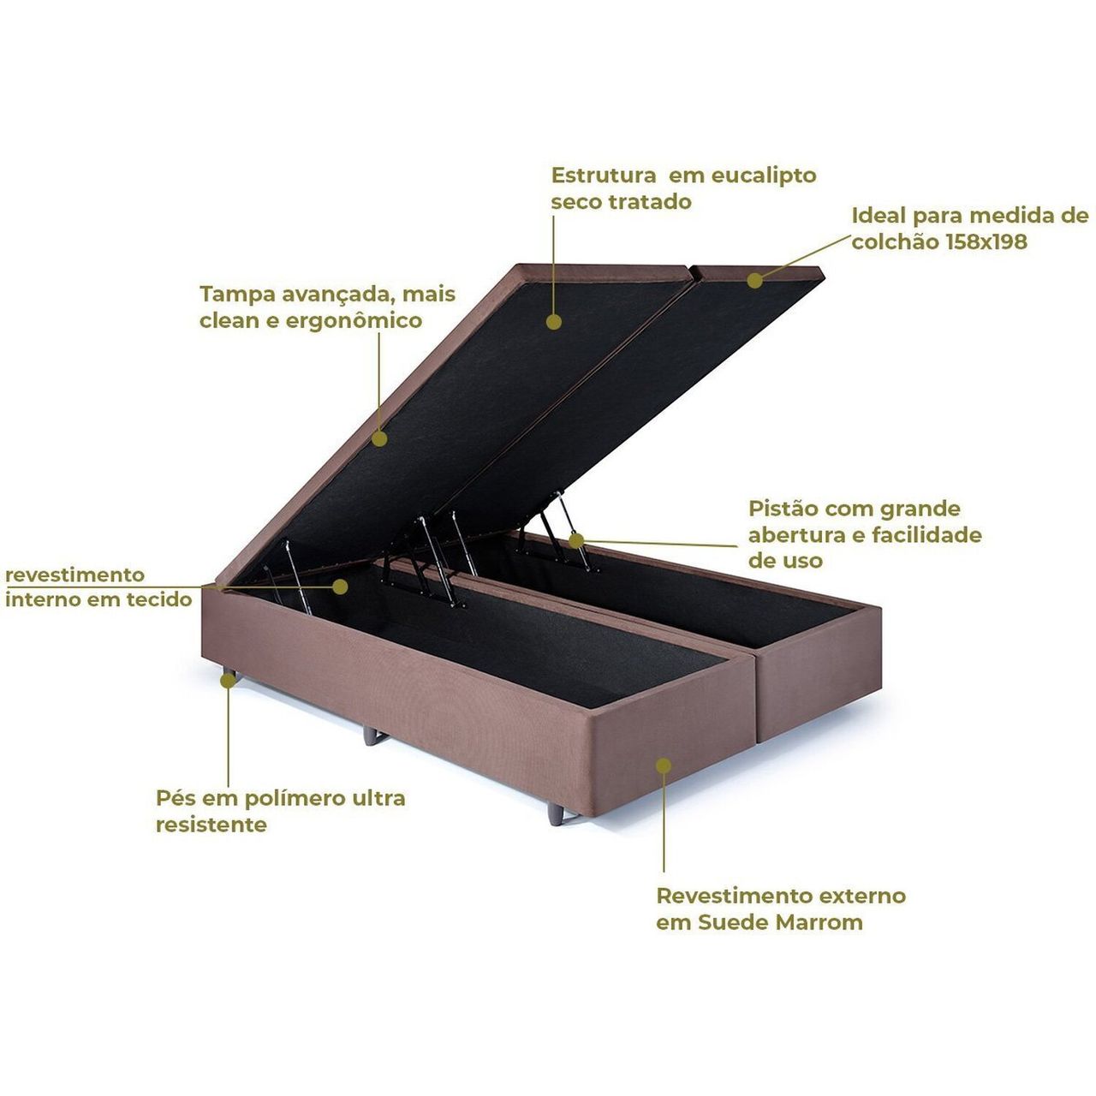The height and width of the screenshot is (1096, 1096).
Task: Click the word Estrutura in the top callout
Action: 604,176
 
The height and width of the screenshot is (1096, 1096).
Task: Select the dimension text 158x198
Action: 987,241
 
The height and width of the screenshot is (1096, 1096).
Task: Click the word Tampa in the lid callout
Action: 234,295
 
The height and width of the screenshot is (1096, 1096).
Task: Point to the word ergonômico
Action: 354,321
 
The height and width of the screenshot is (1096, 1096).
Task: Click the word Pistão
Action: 781,508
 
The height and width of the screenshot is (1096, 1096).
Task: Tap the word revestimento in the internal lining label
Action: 75,575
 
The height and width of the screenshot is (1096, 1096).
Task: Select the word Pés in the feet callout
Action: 174,798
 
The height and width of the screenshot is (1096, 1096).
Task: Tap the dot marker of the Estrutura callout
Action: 553,322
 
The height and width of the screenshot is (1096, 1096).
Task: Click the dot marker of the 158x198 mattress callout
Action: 754,280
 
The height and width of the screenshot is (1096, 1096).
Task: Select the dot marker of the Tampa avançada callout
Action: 379,438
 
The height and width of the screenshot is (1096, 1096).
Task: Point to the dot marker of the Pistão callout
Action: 576,541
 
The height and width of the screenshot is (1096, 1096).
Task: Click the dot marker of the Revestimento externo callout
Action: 664,766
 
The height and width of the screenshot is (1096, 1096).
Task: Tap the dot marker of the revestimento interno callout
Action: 340,587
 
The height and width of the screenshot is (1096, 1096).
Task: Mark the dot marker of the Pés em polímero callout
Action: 228,680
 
